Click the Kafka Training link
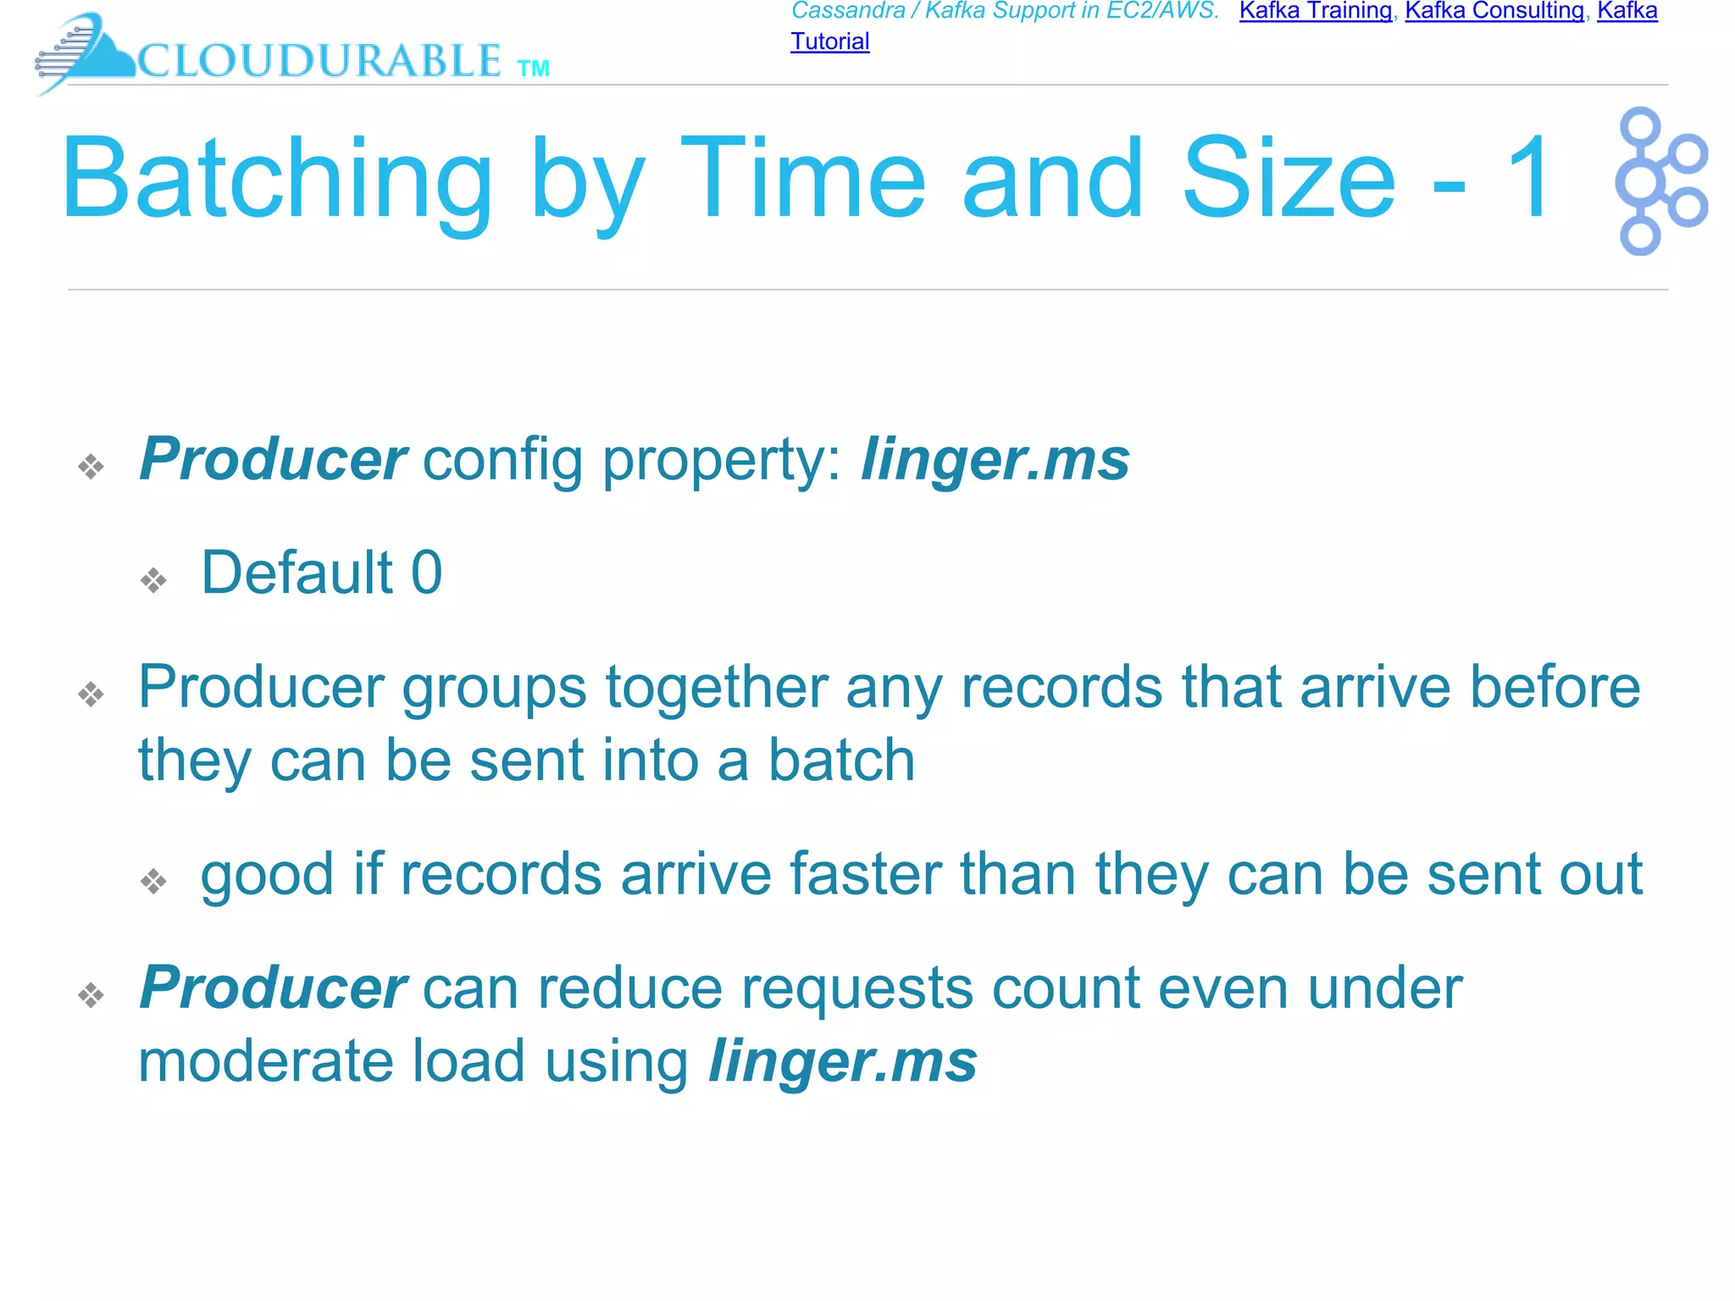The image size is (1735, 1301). pyautogui.click(x=1315, y=11)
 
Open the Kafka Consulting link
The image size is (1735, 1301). pyautogui.click(x=1494, y=11)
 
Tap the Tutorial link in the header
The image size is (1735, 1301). pyautogui.click(x=829, y=42)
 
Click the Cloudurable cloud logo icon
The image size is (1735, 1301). pyautogui.click(x=85, y=53)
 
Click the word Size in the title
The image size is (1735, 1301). pyautogui.click(x=1288, y=180)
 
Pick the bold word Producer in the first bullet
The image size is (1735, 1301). pyautogui.click(x=273, y=459)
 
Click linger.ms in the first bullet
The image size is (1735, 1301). pyautogui.click(x=995, y=461)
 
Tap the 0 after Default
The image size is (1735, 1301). pyautogui.click(x=426, y=573)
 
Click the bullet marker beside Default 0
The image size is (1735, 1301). pyautogui.click(x=153, y=580)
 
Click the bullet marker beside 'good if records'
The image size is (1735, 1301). pyautogui.click(x=153, y=882)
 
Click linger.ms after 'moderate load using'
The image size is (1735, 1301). pyautogui.click(x=843, y=1062)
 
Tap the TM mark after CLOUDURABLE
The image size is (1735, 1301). pyautogui.click(x=533, y=69)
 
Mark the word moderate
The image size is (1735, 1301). pyautogui.click(x=265, y=1062)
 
